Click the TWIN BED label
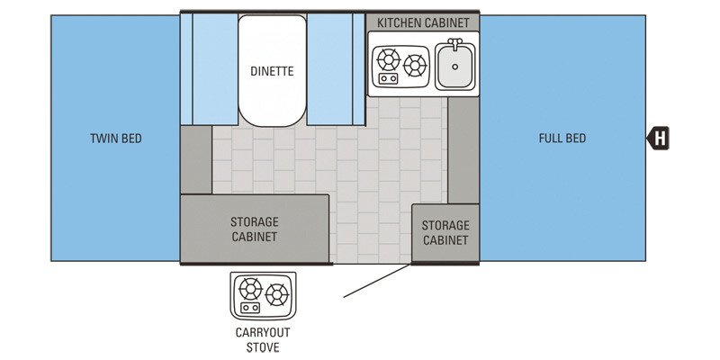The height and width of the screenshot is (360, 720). pyautogui.click(x=116, y=139)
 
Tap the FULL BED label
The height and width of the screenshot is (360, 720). pyautogui.click(x=562, y=139)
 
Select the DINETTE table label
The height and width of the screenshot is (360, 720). pyautogui.click(x=272, y=71)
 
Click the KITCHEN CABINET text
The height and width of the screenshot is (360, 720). pyautogui.click(x=423, y=22)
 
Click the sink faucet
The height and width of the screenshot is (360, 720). pyautogui.click(x=455, y=43)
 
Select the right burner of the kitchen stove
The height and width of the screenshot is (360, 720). pyautogui.click(x=415, y=65)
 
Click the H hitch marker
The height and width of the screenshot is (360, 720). pyautogui.click(x=660, y=139)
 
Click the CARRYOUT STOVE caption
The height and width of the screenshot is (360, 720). pyautogui.click(x=258, y=339)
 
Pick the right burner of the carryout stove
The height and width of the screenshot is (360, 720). pyautogui.click(x=276, y=293)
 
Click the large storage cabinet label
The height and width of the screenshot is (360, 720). pyautogui.click(x=254, y=229)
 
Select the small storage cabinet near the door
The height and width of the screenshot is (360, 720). pyautogui.click(x=445, y=232)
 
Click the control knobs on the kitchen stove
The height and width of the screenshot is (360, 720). pyautogui.click(x=389, y=79)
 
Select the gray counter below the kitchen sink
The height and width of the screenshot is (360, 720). pyautogui.click(x=463, y=148)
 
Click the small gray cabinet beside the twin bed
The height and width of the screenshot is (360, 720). pyautogui.click(x=195, y=158)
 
